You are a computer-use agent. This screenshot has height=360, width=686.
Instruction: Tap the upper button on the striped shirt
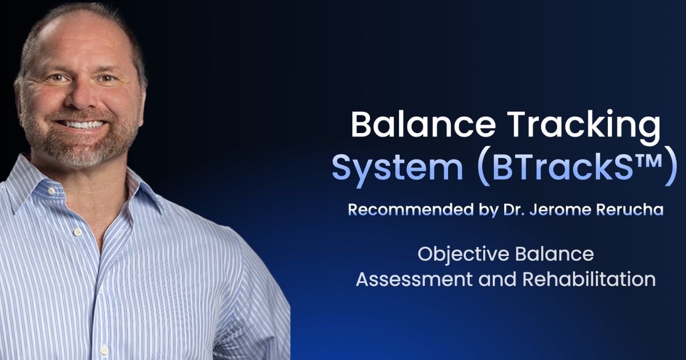click(x=78, y=231)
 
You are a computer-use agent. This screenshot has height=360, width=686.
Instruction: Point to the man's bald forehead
click(x=74, y=43)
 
